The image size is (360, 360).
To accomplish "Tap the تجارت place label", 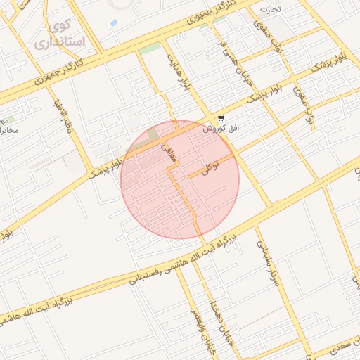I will (270, 9).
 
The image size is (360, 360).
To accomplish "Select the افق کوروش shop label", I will (217, 129).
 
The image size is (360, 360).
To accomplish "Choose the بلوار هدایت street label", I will (176, 71).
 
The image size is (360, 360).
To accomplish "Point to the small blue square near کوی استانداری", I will (114, 23).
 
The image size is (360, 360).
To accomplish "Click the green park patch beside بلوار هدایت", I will (149, 49).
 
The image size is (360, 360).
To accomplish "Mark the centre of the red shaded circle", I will (180, 180).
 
